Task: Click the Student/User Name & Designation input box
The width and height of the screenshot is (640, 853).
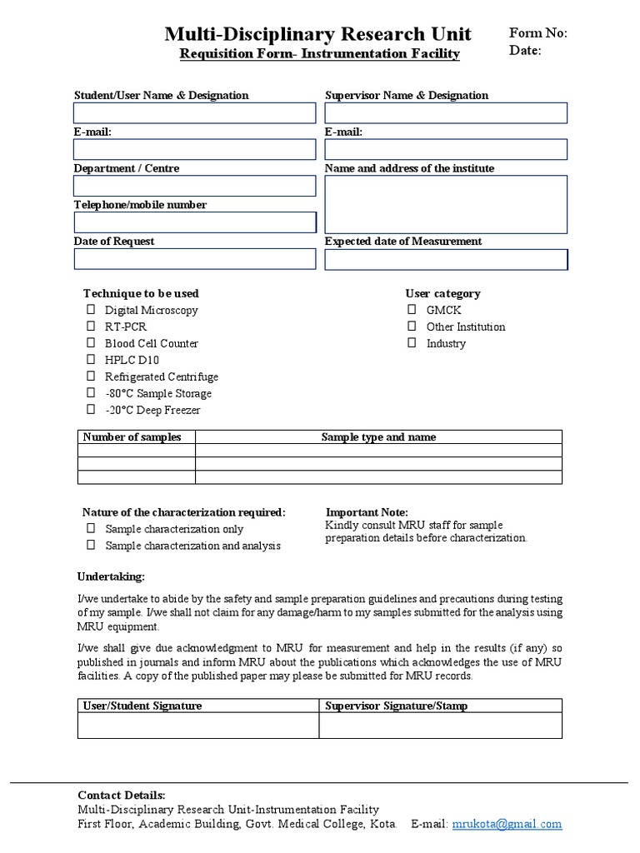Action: [194, 113]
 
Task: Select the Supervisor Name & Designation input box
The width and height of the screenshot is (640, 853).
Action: [446, 113]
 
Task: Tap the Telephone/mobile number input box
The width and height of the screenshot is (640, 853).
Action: [194, 222]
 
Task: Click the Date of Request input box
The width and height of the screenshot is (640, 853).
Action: [194, 259]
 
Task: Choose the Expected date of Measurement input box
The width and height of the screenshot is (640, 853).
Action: [446, 260]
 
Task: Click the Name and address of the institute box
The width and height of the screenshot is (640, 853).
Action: [446, 204]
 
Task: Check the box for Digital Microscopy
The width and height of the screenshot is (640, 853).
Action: [91, 310]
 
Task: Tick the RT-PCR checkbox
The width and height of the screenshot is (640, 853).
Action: [91, 327]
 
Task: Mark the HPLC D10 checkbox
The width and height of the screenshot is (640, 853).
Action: [91, 360]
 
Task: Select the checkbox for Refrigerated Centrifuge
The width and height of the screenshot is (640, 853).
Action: [91, 377]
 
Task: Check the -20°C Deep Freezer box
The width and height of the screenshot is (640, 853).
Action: [91, 410]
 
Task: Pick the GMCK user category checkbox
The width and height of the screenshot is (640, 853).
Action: [412, 310]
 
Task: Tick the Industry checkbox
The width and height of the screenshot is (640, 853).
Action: [412, 343]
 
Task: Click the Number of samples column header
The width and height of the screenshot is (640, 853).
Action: [133, 437]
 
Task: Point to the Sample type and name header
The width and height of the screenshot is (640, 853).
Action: [378, 437]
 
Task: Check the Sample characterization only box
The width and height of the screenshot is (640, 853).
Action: [91, 529]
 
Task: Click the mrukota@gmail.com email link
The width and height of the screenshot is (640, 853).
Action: [507, 825]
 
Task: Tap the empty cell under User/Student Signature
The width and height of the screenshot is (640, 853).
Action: [198, 726]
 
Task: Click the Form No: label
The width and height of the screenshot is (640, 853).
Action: [537, 33]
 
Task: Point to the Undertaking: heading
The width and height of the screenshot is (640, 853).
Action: [111, 576]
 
